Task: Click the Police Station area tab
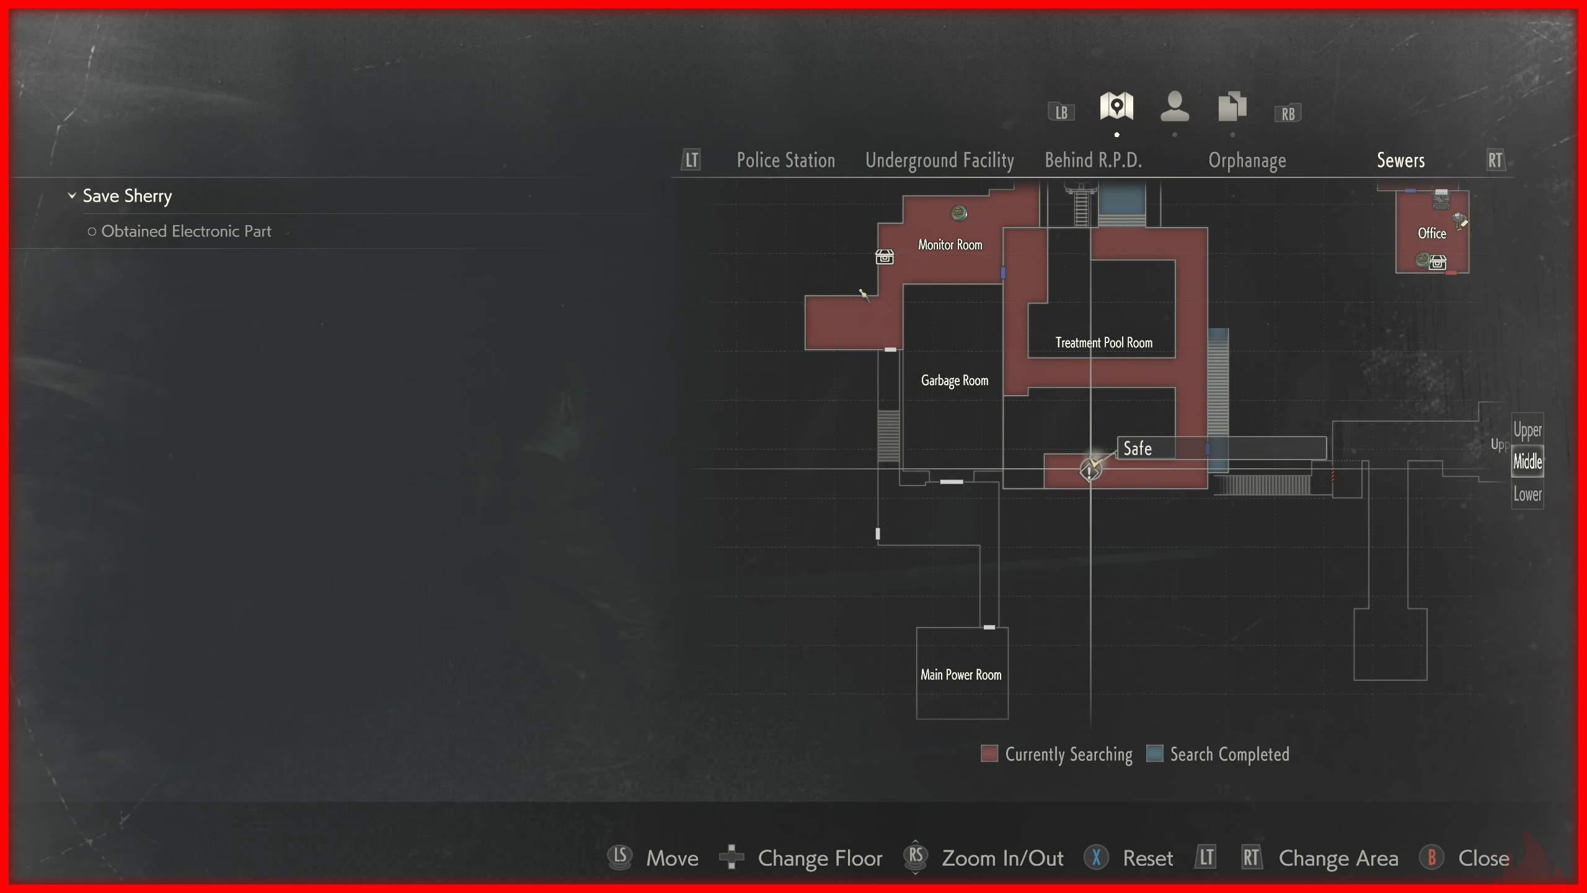(785, 160)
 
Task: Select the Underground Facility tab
(939, 160)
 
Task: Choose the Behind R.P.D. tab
(1093, 160)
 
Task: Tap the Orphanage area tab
(1247, 160)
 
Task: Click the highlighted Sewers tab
(1400, 160)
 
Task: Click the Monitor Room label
(950, 245)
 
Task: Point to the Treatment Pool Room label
(1103, 343)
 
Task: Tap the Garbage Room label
(954, 380)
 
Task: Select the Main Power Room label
(960, 675)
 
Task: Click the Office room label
(1431, 233)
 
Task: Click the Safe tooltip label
(1138, 448)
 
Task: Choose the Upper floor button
(1527, 430)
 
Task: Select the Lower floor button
(1527, 494)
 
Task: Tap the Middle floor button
(1527, 461)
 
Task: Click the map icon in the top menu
(1116, 107)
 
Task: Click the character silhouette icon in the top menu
(1174, 107)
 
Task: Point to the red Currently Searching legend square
(989, 753)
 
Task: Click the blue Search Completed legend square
(1154, 753)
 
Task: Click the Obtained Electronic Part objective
(186, 231)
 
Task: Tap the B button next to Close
(1431, 858)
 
